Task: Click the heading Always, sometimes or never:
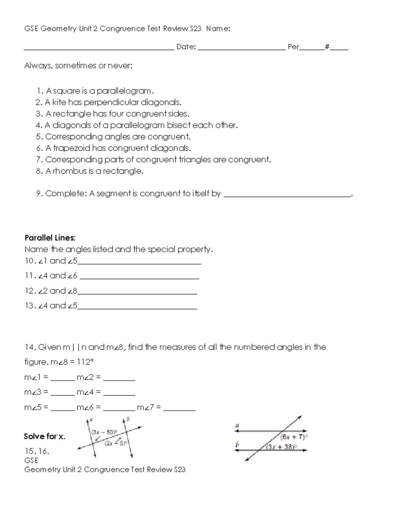(x=78, y=66)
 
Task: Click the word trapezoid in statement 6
(x=71, y=148)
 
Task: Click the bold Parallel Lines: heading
(x=50, y=238)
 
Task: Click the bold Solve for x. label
(x=44, y=436)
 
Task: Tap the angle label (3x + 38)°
(x=281, y=447)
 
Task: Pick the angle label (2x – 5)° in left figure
(x=115, y=443)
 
